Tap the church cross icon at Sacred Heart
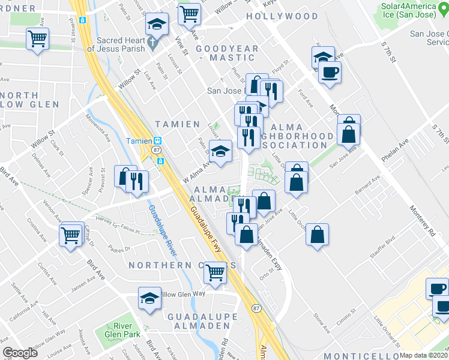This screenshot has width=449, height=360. pyautogui.click(x=153, y=43)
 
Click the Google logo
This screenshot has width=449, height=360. pyautogui.click(x=20, y=353)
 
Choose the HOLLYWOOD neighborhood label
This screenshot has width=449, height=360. pyautogui.click(x=282, y=16)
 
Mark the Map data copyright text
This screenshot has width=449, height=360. pyautogui.click(x=424, y=355)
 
